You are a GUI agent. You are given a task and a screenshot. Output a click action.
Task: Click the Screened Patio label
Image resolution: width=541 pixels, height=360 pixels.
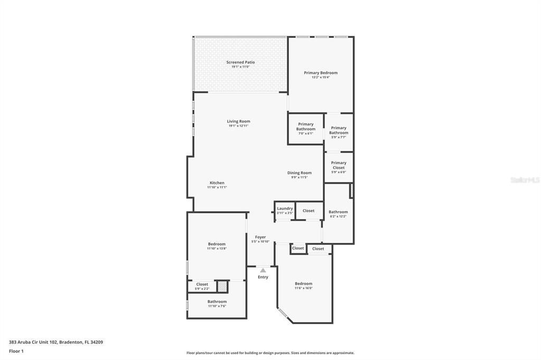240,62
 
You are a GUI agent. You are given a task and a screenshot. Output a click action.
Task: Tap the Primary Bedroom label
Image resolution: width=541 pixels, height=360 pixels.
320,73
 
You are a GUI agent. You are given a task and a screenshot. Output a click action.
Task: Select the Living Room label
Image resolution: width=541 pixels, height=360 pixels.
238,121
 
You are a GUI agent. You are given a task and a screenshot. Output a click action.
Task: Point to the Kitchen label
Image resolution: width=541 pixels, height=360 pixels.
217,183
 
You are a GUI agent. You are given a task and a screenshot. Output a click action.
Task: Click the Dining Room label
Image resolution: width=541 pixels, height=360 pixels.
299,173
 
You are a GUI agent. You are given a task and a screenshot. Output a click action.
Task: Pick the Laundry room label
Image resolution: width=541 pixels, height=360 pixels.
285,209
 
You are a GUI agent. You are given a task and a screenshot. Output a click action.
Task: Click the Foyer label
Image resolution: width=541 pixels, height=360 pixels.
260,237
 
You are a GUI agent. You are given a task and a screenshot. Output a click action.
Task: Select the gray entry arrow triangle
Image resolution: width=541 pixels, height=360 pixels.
263,270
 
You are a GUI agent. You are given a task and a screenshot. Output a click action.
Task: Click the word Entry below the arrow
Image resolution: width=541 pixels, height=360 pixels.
263,277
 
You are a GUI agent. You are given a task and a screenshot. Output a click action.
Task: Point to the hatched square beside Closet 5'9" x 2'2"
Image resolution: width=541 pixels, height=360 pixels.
222,286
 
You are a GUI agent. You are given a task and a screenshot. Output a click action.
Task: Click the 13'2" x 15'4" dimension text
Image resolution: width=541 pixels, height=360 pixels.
320,78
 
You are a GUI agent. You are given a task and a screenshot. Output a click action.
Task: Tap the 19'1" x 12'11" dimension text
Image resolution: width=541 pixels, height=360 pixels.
238,126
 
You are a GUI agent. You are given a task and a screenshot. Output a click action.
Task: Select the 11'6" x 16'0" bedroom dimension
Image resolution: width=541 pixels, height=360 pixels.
303,288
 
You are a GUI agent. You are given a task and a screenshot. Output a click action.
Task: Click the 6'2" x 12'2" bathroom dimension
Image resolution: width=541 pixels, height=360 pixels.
338,216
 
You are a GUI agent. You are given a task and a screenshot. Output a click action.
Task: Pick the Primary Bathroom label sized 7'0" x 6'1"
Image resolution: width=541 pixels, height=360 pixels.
305,127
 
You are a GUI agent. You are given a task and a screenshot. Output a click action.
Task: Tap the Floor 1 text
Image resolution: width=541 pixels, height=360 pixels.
16,351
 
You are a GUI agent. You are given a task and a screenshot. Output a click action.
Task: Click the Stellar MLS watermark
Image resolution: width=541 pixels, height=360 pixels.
525,180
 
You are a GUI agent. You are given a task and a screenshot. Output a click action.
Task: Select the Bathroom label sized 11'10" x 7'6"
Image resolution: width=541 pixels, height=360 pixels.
217,301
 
